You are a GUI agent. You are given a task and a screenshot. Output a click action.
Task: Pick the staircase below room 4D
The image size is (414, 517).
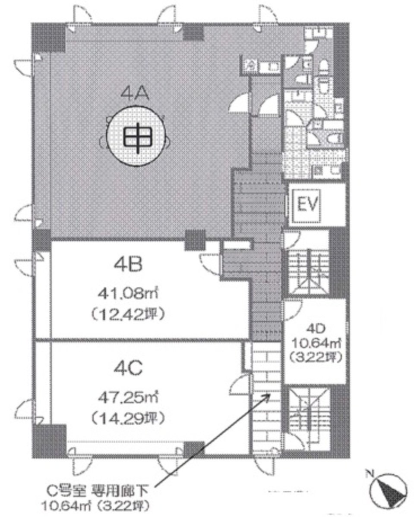click(x=307, y=409)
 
